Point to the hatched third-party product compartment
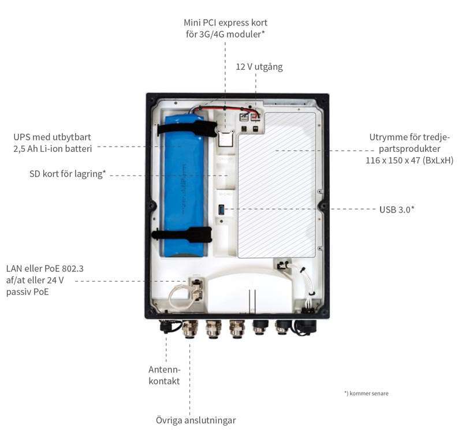pyautogui.click(x=277, y=185)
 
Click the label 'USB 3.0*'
pyautogui.click(x=397, y=210)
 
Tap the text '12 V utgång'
pyautogui.click(x=259, y=67)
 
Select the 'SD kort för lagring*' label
pyautogui.click(x=68, y=174)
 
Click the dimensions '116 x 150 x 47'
pyautogui.click(x=393, y=160)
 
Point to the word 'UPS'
pyautogui.click(x=24, y=138)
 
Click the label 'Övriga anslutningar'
pyautogui.click(x=196, y=420)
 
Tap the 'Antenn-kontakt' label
pyautogui.click(x=165, y=375)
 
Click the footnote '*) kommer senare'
pyautogui.click(x=366, y=393)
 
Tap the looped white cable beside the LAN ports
pyautogui.click(x=176, y=297)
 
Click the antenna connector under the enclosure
pyautogui.click(x=166, y=327)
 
